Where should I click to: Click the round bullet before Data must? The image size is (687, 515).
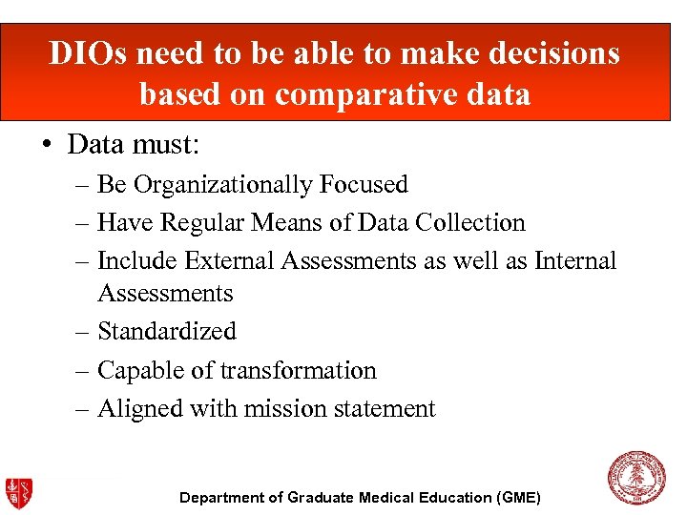(48, 146)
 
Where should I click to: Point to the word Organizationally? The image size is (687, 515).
(225, 184)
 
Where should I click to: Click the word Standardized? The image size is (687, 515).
(167, 331)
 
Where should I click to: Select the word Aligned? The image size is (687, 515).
(140, 408)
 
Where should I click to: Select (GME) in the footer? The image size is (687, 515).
(518, 498)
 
